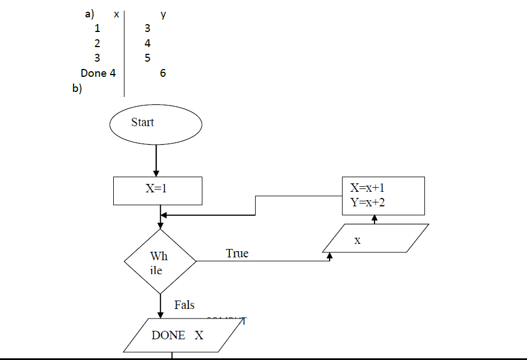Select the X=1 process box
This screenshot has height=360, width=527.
(157, 191)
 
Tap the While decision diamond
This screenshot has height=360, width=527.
(160, 261)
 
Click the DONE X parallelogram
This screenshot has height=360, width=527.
(178, 335)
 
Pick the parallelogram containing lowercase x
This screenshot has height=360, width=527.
(376, 239)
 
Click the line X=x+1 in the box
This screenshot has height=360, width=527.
(368, 188)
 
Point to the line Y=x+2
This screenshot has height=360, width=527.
(368, 202)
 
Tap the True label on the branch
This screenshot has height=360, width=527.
(237, 253)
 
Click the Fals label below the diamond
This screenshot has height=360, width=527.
(184, 305)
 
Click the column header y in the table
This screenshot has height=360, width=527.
(163, 15)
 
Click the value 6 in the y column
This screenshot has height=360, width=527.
(163, 73)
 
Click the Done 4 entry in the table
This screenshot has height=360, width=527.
(98, 73)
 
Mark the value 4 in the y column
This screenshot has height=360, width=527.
(147, 43)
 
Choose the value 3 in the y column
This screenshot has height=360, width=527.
(147, 29)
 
